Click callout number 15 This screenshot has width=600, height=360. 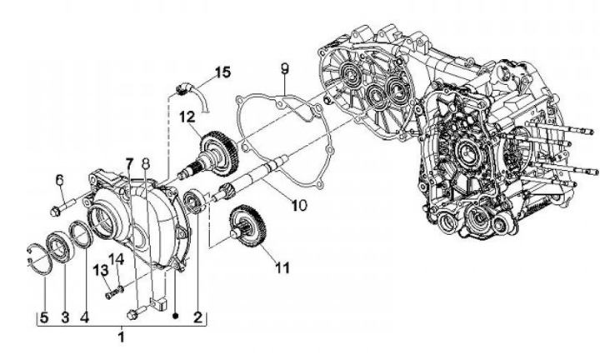click(222, 72)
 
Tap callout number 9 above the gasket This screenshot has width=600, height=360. click(283, 67)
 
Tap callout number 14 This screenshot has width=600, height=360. click(117, 260)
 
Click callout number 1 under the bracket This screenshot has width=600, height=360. click(122, 337)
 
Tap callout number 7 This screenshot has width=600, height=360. click(129, 161)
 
